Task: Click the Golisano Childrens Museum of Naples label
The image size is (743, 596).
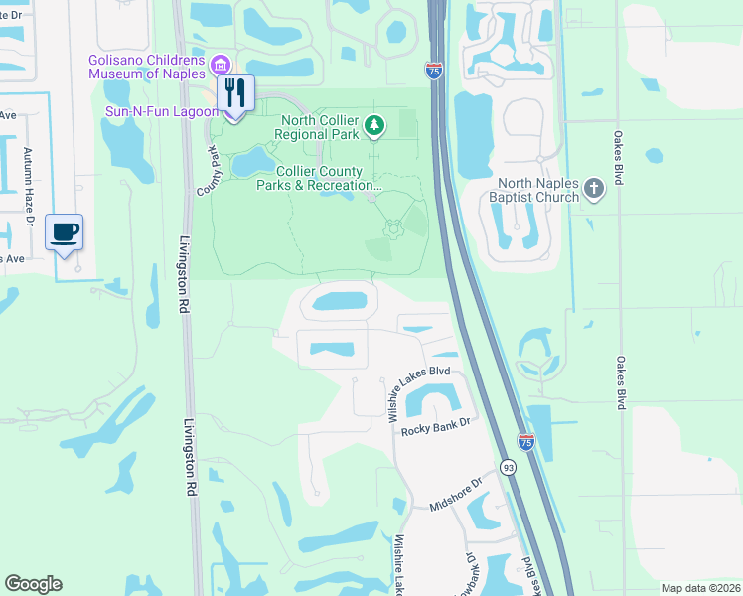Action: [149, 67]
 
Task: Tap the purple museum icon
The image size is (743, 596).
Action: [221, 66]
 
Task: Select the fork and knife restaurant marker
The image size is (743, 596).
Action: [235, 95]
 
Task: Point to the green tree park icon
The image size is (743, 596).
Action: [373, 125]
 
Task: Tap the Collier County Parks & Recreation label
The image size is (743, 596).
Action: [318, 178]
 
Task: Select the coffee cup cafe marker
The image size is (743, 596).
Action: [65, 234]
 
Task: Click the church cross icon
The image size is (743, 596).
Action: [594, 188]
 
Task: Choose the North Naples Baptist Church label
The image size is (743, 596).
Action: [538, 190]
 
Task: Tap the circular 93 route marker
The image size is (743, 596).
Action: [508, 467]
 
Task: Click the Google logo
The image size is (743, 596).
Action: [33, 584]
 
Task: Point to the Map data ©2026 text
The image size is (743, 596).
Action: [699, 588]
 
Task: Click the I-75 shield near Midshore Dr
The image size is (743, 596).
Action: [525, 441]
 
